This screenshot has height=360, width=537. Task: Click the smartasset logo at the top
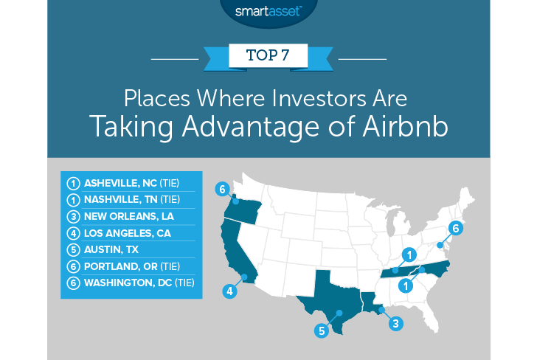point(268,11)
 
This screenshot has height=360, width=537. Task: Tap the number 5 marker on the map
point(322,330)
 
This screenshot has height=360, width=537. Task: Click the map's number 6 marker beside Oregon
point(220,189)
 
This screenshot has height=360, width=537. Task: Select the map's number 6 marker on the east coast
point(455,229)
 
